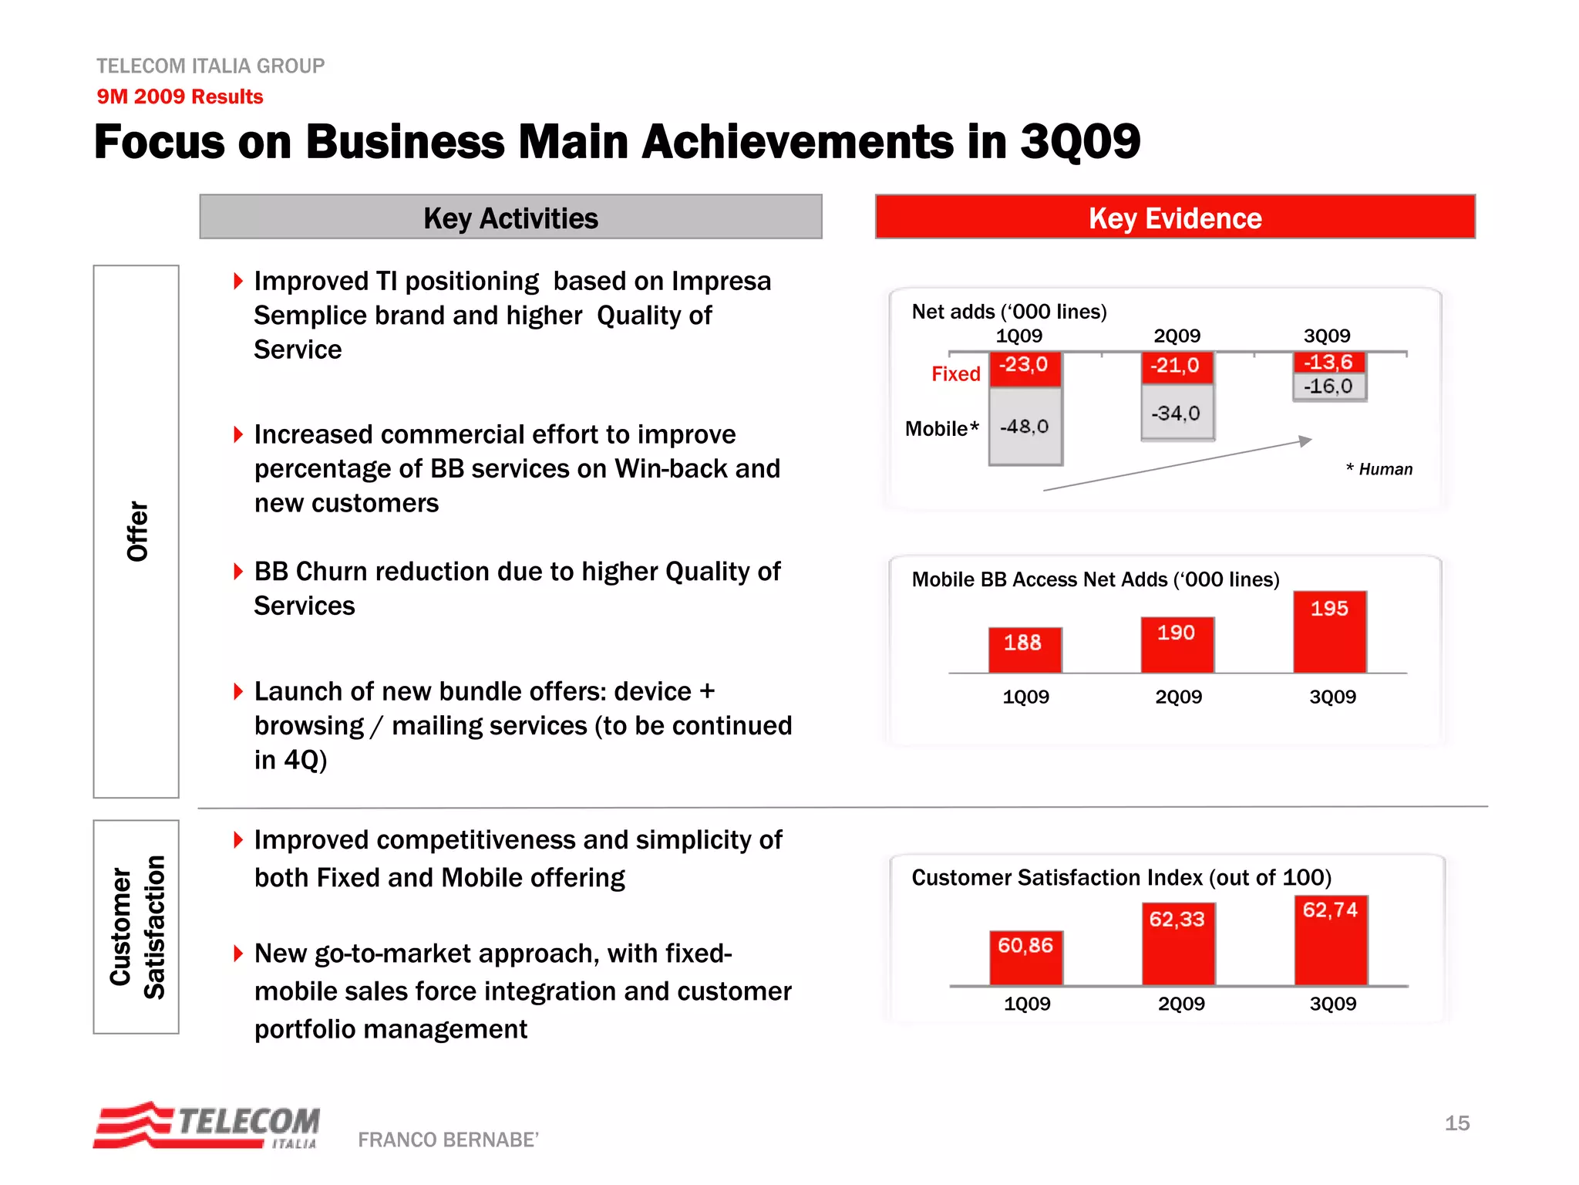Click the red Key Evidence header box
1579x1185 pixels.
[1174, 218]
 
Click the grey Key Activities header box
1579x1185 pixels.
[510, 218]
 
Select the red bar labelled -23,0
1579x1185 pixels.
[1025, 368]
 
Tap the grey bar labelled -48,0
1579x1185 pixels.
[1025, 426]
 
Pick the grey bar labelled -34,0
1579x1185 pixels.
[1177, 413]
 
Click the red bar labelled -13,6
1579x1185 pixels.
[1328, 362]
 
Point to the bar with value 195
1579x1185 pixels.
[1329, 633]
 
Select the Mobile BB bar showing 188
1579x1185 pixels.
[1024, 650]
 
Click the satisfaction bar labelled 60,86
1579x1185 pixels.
[1025, 957]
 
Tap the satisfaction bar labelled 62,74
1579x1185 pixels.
[1330, 940]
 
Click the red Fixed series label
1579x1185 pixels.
[955, 374]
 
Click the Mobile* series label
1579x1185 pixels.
[941, 429]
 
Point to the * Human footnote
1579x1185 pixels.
[1379, 469]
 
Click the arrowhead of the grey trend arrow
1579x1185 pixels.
[1305, 441]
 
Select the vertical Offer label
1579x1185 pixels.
[136, 531]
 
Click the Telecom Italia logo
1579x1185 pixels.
[207, 1125]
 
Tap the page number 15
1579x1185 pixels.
[1456, 1123]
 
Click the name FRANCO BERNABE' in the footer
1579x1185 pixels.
[448, 1139]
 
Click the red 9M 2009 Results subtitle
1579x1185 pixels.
[180, 96]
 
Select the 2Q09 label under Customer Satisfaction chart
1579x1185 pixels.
[1180, 1004]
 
